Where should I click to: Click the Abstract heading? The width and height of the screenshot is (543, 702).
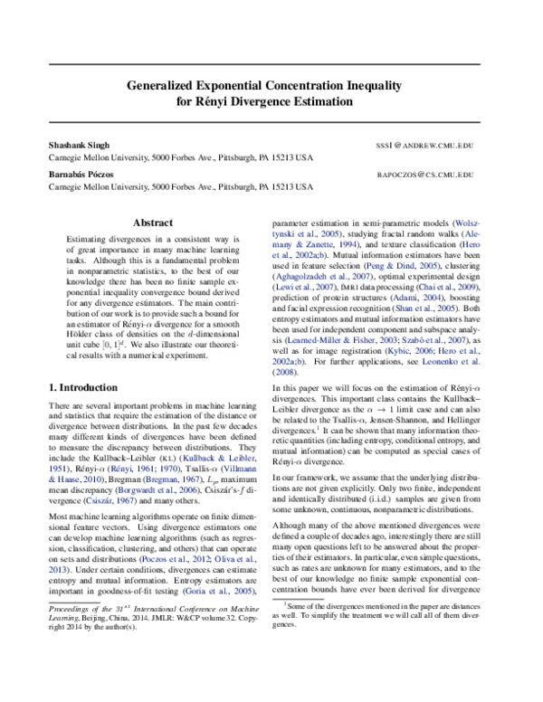tap(153, 222)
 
